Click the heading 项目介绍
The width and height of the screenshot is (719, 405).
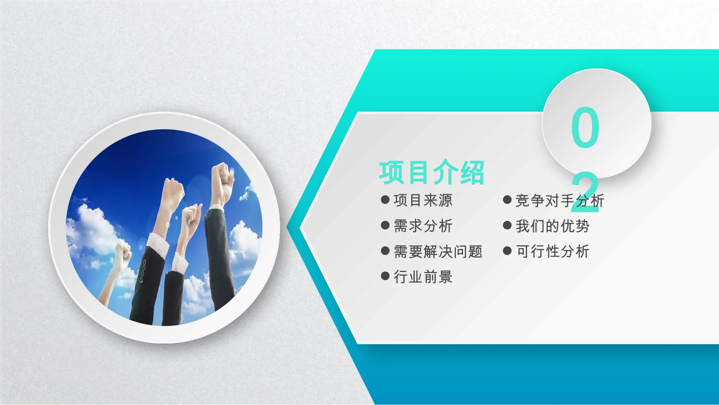(x=431, y=173)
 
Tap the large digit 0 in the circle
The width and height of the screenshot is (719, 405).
(x=585, y=127)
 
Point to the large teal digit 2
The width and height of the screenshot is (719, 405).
(x=585, y=192)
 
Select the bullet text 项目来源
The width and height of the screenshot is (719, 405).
(x=423, y=200)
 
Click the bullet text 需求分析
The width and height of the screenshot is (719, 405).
(x=423, y=226)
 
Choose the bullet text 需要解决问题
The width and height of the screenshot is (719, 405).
(x=438, y=251)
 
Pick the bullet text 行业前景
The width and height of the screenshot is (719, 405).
(x=423, y=277)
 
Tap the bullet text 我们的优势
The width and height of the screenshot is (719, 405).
(x=553, y=226)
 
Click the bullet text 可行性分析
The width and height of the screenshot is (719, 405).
(x=553, y=251)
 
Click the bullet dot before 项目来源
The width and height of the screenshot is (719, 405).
(x=385, y=200)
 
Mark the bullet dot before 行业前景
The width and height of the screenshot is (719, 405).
(x=385, y=276)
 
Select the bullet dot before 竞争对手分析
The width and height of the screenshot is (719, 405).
(x=507, y=200)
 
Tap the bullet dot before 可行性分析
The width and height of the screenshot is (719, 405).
(x=507, y=251)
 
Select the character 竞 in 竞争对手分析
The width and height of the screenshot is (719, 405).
(x=523, y=200)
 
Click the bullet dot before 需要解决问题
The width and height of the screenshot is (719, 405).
(x=385, y=251)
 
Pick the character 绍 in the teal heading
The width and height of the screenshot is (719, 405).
(x=472, y=173)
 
